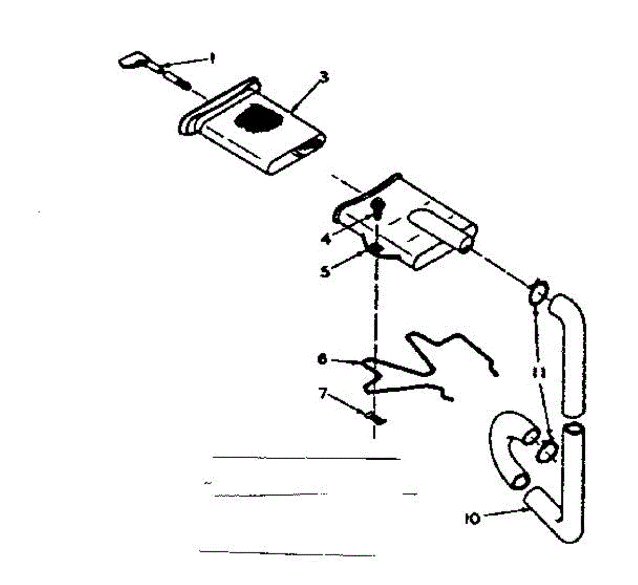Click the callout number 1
(x=212, y=58)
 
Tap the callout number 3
(x=323, y=78)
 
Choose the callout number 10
(x=472, y=518)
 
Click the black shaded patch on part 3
(x=259, y=119)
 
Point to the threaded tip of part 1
(x=183, y=83)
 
